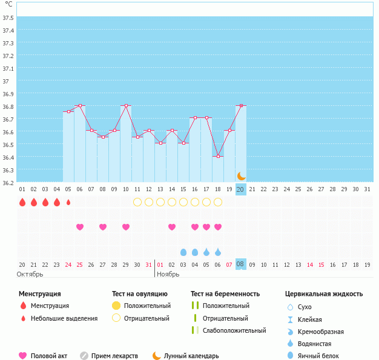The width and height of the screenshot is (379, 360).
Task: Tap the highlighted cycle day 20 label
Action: [x=240, y=189]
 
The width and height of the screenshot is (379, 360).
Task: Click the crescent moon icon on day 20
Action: [x=241, y=176]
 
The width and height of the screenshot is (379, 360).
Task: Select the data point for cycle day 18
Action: [x=218, y=156]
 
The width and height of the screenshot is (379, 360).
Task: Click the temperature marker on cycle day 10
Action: [x=126, y=105]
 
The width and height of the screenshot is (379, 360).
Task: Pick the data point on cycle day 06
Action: [x=80, y=105]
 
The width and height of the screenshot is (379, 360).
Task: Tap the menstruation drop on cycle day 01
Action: [x=22, y=202]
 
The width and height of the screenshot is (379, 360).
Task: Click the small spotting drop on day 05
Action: [x=68, y=202]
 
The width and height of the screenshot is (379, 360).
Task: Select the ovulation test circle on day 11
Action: [x=137, y=202]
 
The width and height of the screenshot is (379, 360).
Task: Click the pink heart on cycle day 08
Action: [x=103, y=227]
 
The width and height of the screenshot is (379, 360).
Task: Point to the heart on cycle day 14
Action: [x=172, y=227]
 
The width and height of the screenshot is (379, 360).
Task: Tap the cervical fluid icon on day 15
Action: [x=183, y=252]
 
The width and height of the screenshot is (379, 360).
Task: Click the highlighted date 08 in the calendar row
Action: [x=240, y=264]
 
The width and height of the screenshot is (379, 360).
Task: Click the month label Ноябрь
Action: [x=168, y=275]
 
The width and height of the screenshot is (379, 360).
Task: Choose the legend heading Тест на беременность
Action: [x=225, y=294]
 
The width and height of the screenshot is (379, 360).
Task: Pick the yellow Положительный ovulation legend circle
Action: [x=116, y=306]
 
